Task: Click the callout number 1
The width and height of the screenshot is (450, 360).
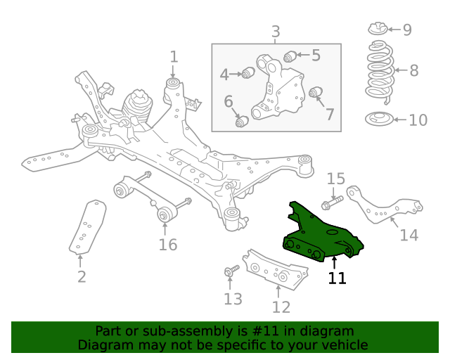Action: click(x=174, y=56)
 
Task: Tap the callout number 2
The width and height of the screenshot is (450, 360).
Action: click(x=82, y=276)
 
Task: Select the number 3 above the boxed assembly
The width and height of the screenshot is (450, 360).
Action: click(x=276, y=32)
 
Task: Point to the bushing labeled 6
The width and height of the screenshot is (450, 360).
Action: click(x=242, y=122)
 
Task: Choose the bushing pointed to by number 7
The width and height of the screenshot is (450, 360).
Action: click(x=316, y=92)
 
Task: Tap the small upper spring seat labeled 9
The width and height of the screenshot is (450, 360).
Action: click(x=378, y=30)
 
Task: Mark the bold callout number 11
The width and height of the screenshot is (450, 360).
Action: click(x=337, y=278)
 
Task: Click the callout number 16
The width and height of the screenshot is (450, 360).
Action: click(x=167, y=245)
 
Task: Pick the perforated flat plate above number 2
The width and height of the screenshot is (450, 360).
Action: click(x=87, y=226)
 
